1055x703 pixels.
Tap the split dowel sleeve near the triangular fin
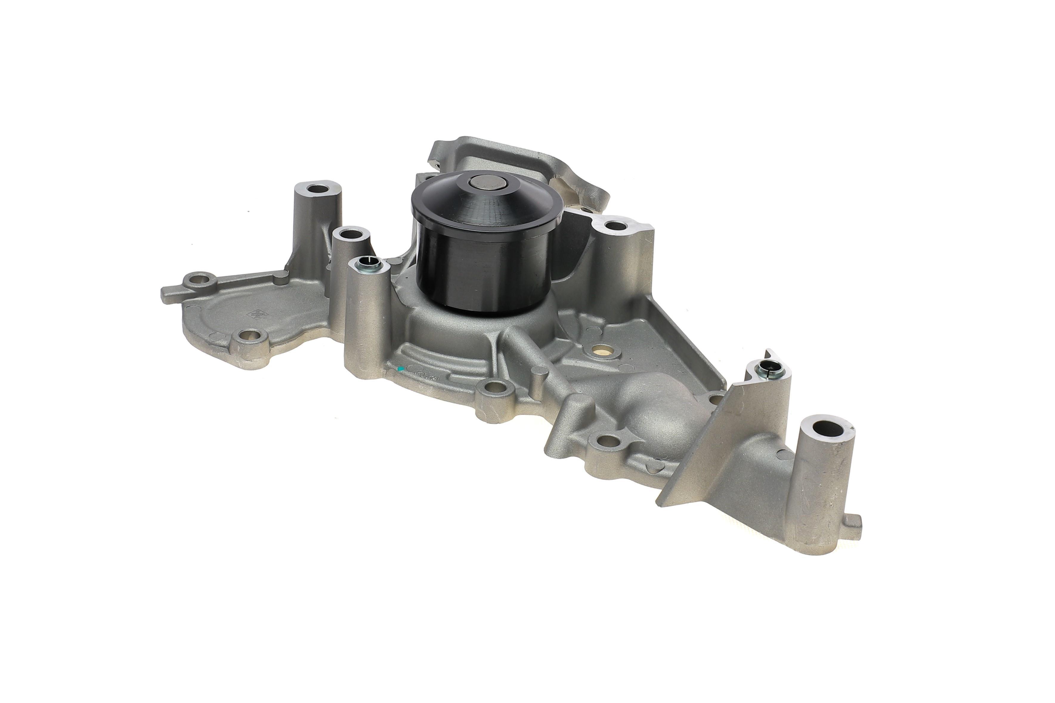click(x=766, y=369)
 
